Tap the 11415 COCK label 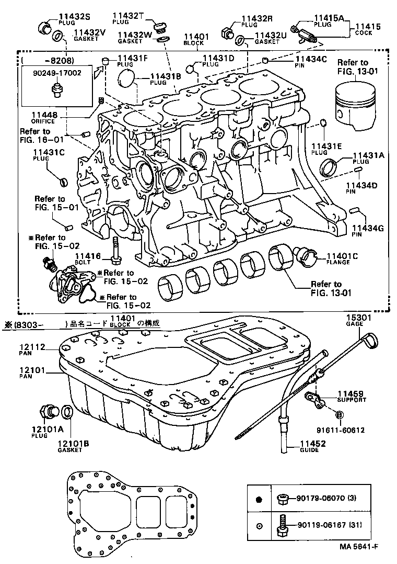pyautogui.click(x=368, y=29)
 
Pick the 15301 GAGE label pyautogui.click(x=358, y=320)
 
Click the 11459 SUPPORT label pyautogui.click(x=351, y=396)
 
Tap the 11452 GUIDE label pyautogui.click(x=313, y=446)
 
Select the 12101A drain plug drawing pyautogui.click(x=49, y=411)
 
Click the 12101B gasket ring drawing pyautogui.click(x=68, y=412)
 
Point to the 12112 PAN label pyautogui.click(x=32, y=348)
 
